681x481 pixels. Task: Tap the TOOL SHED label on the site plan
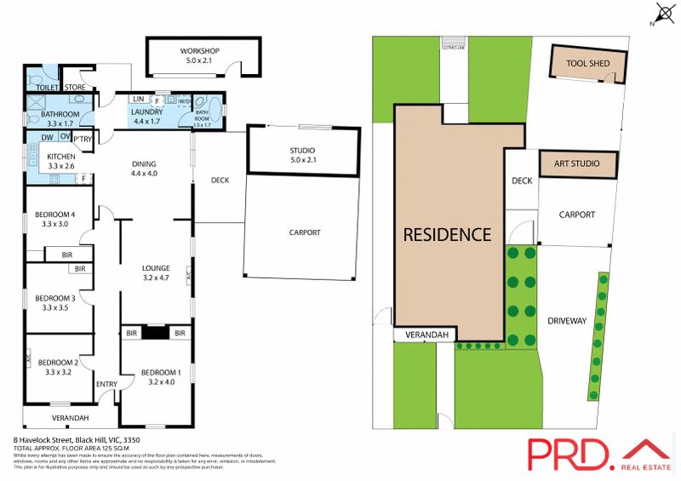click(x=587, y=60)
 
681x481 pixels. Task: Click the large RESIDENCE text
click(x=447, y=234)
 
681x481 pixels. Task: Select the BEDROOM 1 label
click(x=161, y=373)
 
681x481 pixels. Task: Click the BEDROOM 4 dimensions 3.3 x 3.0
click(x=54, y=224)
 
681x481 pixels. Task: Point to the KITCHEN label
click(x=61, y=157)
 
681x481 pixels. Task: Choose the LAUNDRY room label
click(x=146, y=112)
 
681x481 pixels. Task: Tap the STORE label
click(x=76, y=86)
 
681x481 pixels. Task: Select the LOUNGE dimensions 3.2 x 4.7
click(x=156, y=278)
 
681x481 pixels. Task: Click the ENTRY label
click(x=106, y=384)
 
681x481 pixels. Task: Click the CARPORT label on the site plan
click(x=576, y=215)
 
